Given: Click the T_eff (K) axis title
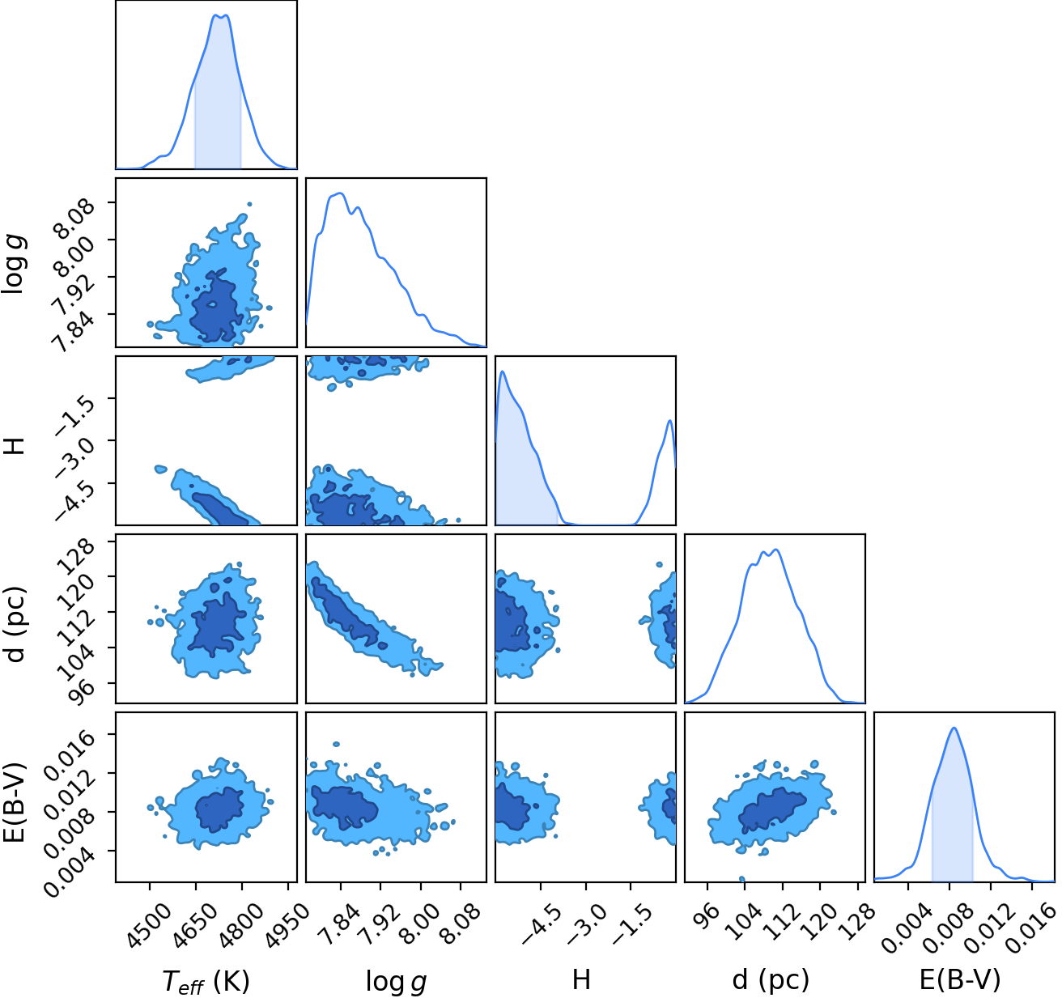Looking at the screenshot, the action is point(206,982).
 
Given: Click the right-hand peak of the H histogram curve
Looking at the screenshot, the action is point(670,420).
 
